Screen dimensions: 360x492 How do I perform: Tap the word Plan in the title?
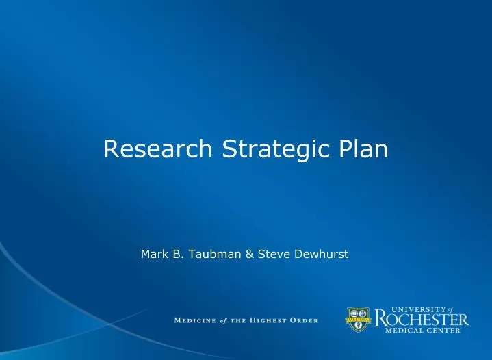(x=362, y=149)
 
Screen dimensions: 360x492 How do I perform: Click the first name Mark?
(x=154, y=254)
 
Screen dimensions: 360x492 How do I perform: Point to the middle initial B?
(x=177, y=254)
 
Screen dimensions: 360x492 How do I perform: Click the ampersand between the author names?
(x=249, y=254)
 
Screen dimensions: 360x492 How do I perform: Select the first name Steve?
(x=272, y=254)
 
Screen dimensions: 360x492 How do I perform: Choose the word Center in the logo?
(x=446, y=331)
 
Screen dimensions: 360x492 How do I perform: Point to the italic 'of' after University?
(x=460, y=309)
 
